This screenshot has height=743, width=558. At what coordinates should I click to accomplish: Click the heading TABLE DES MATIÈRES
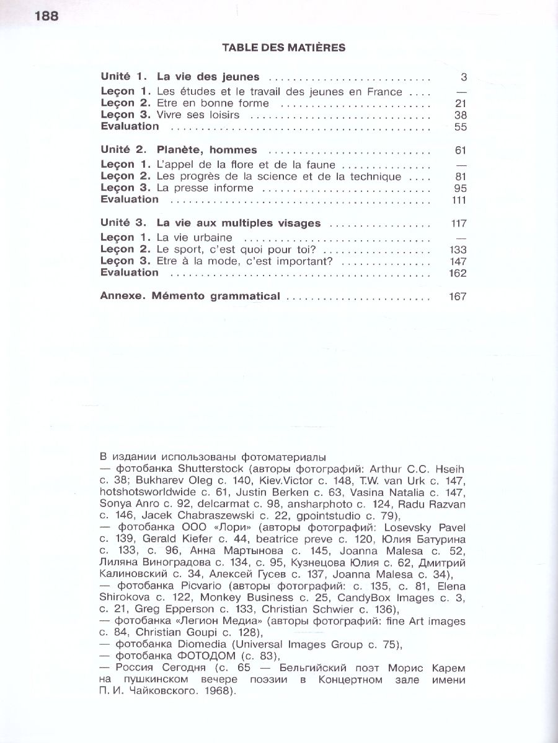point(283,48)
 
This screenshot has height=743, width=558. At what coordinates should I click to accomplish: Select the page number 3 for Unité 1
point(463,77)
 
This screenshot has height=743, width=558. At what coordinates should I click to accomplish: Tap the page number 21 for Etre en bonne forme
point(460,103)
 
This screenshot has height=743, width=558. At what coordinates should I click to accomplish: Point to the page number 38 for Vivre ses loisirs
point(460,115)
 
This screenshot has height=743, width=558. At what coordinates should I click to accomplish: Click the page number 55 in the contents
point(460,127)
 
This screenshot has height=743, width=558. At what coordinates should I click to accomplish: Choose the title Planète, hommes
point(206,150)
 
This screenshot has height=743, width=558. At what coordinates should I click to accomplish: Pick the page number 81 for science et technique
point(460,176)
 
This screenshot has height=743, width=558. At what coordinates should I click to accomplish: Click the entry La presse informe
point(205,188)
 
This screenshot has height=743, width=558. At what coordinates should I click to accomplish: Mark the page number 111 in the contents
point(459,200)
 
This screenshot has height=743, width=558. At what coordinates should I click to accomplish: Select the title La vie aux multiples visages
point(239,224)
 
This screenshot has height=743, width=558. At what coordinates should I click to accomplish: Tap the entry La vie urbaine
point(195,237)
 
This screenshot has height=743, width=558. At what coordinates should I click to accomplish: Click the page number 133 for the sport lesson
point(457,250)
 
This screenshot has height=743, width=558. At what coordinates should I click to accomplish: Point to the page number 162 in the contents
point(457,273)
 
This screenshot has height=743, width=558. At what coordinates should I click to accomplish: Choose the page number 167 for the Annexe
point(457,297)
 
